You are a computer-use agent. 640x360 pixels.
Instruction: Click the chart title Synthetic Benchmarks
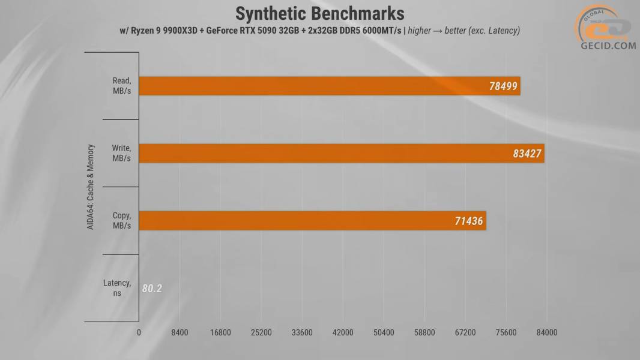[319, 13]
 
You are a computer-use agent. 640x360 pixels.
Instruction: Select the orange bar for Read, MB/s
[329, 86]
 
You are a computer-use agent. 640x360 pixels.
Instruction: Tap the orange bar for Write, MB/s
[341, 154]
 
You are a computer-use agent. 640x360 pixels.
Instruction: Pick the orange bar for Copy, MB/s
[312, 221]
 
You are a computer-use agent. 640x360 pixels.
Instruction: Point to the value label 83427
[527, 154]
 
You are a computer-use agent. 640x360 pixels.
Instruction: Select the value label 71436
[468, 221]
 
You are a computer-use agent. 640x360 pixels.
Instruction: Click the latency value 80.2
[152, 289]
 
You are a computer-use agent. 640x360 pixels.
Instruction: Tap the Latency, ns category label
[117, 288]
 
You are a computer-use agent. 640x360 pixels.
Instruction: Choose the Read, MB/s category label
[121, 86]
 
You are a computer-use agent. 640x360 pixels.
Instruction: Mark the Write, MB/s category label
[121, 154]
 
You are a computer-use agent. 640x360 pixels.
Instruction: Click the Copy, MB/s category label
[122, 221]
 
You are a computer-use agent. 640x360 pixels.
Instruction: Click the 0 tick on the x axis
[139, 333]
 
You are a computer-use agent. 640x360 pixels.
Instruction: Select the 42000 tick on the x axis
[343, 333]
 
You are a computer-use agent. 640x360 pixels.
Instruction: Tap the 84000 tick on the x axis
[546, 333]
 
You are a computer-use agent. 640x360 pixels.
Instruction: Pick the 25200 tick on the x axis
[261, 333]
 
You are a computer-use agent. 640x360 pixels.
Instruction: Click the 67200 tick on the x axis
[465, 333]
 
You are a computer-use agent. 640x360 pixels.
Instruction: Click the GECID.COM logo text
[608, 45]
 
